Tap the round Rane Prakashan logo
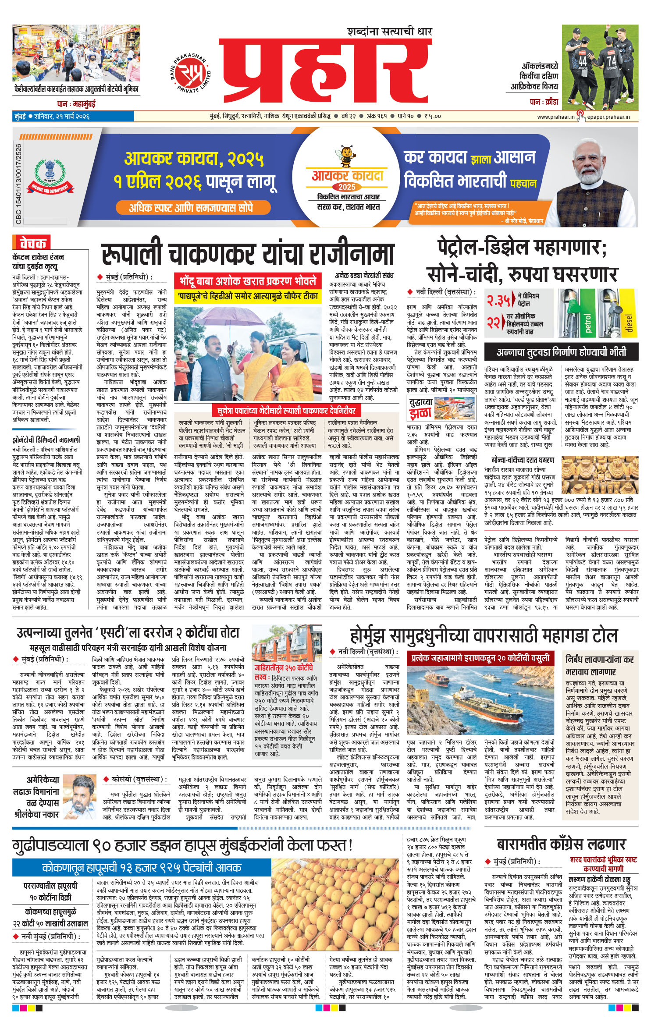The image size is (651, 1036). [x=190, y=72]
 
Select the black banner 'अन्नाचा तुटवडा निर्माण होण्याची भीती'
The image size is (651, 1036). [x=561, y=352]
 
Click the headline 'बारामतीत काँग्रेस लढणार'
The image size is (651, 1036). [x=561, y=844]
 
